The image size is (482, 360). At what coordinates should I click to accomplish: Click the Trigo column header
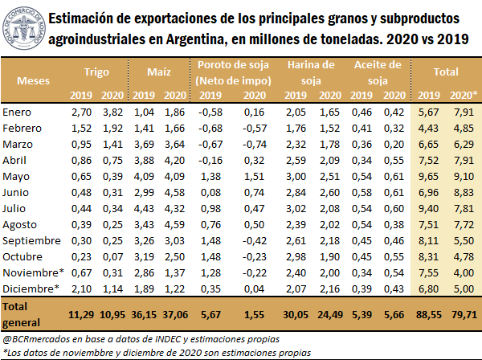point(96,72)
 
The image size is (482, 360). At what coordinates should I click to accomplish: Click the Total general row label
point(20,313)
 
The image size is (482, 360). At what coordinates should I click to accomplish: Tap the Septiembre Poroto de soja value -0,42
point(246,240)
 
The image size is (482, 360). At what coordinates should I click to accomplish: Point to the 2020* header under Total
point(464,96)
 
